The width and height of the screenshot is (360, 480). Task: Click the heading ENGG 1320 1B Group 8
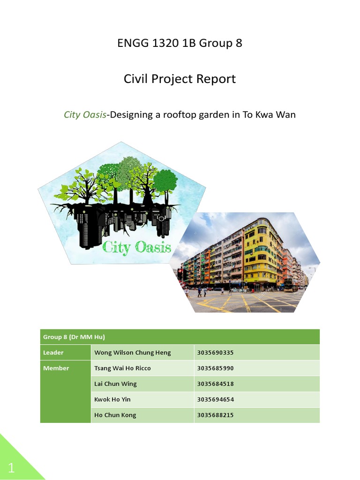click(x=180, y=44)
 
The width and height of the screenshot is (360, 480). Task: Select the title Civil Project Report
click(x=180, y=79)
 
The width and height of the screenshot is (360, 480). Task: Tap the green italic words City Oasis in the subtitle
click(x=85, y=114)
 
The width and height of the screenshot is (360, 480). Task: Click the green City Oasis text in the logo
click(x=137, y=247)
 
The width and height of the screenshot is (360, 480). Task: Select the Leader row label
click(x=53, y=352)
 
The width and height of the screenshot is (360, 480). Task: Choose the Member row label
click(x=56, y=368)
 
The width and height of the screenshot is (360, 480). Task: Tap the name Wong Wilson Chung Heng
click(x=133, y=352)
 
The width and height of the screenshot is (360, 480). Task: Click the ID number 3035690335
click(x=216, y=352)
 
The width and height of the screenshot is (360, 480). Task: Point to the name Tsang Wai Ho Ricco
click(x=123, y=368)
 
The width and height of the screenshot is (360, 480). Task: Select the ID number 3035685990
click(x=216, y=368)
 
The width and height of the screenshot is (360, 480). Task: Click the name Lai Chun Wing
click(x=116, y=384)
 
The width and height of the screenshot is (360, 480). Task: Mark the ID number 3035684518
click(x=216, y=384)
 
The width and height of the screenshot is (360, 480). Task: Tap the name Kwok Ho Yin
click(x=112, y=399)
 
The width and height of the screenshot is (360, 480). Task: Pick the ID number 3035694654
click(x=216, y=399)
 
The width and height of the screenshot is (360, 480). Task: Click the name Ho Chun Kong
click(x=115, y=415)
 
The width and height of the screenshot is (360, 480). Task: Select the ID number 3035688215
click(x=216, y=415)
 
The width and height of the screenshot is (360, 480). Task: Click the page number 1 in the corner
click(x=11, y=468)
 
